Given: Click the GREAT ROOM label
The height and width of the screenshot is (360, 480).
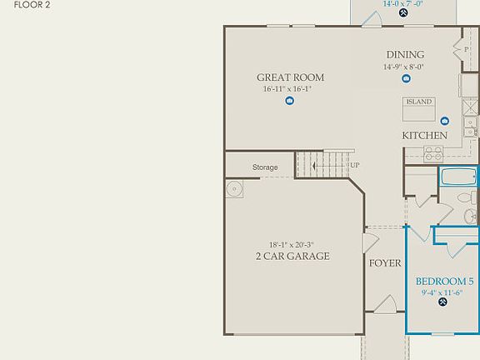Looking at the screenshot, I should [x=290, y=77].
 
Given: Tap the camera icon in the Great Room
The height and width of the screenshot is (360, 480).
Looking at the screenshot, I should [x=289, y=101].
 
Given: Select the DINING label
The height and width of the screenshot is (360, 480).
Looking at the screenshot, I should [x=405, y=55].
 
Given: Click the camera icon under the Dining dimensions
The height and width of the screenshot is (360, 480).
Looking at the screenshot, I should [x=406, y=79].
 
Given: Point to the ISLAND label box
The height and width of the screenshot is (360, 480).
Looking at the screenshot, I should [x=418, y=102].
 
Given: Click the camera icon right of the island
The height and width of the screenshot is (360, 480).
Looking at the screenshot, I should [x=445, y=121].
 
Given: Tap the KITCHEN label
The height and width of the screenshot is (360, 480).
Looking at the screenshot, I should [x=425, y=135].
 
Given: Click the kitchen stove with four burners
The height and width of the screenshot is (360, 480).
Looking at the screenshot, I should [x=434, y=154].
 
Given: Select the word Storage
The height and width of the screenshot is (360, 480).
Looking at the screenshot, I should [x=265, y=167].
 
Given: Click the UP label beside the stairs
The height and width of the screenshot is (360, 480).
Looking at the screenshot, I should [x=355, y=165].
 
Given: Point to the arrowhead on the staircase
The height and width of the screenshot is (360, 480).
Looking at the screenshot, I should [x=312, y=166].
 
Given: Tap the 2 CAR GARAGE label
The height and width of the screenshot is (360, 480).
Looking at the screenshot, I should [x=292, y=256].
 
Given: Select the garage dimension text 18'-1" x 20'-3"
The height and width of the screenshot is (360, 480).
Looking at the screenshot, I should [x=292, y=244].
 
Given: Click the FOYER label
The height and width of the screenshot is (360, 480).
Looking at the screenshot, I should [x=385, y=263].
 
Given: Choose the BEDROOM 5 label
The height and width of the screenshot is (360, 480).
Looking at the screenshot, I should [x=444, y=281].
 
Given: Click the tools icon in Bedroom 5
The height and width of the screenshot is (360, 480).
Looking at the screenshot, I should [x=443, y=302].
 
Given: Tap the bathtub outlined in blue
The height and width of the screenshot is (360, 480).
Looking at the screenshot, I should [x=458, y=177].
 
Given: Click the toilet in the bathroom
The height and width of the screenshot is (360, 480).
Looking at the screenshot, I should [x=465, y=199].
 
